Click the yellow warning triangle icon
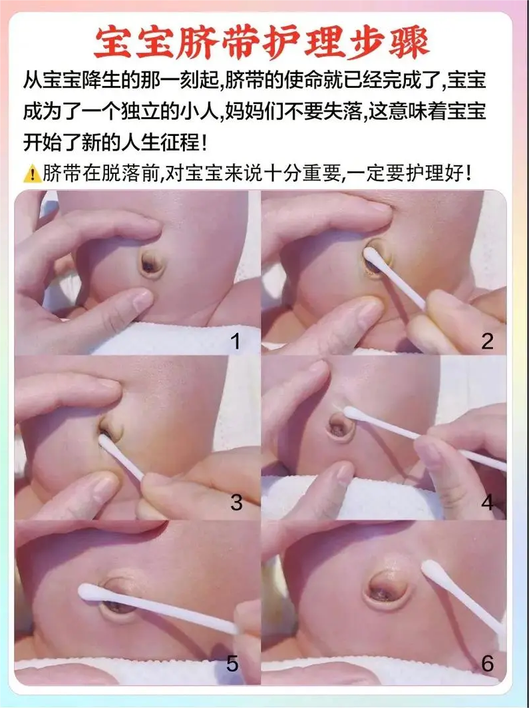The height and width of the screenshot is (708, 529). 32,174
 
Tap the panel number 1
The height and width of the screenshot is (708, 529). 236,342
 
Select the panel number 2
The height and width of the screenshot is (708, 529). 487,342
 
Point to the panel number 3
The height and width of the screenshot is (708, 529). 236,503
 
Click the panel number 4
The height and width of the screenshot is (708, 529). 487,503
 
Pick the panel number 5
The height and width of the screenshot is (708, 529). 232,664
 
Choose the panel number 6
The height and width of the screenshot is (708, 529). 488,664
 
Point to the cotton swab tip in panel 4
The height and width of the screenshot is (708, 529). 352,412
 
